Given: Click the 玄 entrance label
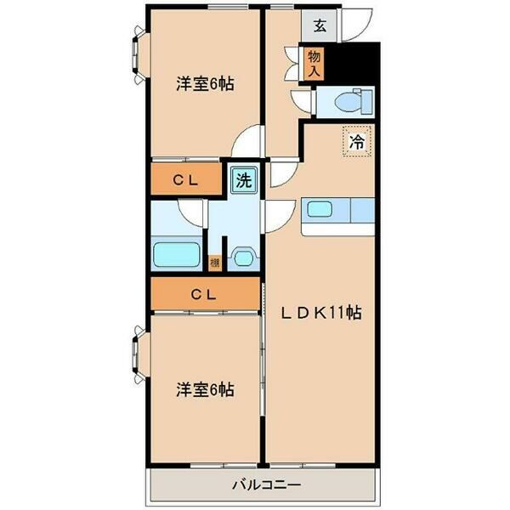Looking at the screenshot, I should coord(320,25).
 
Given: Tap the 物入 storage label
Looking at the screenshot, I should coord(314,63).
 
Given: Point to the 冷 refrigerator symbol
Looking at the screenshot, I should coord(357,141).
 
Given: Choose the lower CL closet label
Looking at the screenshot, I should coord(203,295).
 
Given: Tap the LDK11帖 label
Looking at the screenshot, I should coord(322,312).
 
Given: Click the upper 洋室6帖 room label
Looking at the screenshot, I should coord(205,84).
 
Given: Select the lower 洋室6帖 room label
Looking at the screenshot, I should coord(205,389).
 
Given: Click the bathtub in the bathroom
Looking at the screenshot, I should coord(176,254).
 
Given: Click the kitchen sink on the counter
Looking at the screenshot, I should coord(323,209).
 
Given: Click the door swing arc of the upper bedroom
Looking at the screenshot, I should coord(246,140).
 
